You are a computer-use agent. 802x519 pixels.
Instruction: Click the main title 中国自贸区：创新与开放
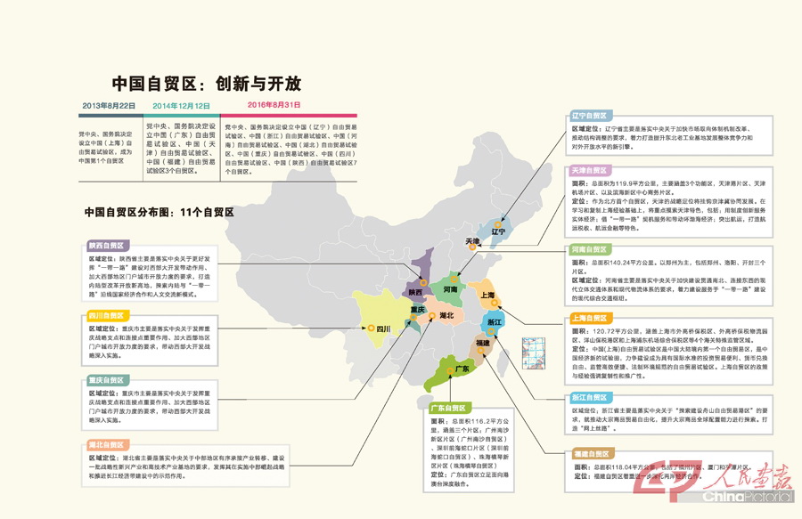coord(206,84)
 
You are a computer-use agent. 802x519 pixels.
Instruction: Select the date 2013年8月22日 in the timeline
coord(109,106)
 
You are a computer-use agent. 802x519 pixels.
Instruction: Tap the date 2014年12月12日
coord(183,106)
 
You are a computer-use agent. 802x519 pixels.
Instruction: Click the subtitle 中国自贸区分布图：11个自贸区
coord(159,212)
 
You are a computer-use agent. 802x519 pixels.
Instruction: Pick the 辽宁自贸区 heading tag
coord(590,116)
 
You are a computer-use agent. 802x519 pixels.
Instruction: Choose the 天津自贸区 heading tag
coord(590,170)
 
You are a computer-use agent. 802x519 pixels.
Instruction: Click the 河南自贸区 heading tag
coord(590,250)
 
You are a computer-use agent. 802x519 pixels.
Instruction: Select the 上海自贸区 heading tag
coord(590,317)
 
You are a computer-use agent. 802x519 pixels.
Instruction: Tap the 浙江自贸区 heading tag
coord(590,397)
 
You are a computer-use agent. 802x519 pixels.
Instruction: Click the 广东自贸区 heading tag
coord(450,408)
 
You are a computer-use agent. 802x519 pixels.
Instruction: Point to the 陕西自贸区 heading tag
coord(105,245)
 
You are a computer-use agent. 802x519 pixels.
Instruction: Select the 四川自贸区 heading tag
coord(105,315)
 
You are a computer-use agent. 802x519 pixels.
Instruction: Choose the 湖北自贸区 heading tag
coord(105,443)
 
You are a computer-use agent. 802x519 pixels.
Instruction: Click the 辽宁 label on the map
coord(497,231)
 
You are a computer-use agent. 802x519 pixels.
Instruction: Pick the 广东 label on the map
coord(462,369)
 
